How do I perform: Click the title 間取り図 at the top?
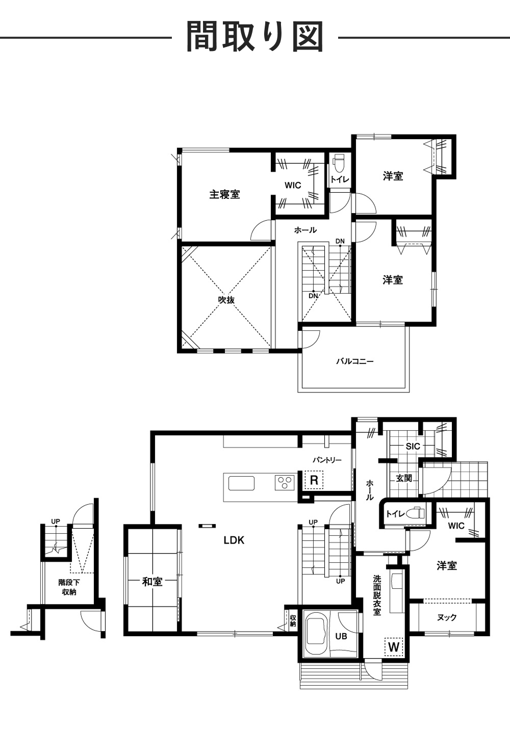[254, 37]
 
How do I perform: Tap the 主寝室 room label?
[224, 194]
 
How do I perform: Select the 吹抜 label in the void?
[226, 300]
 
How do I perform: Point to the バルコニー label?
[355, 361]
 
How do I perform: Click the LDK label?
[234, 540]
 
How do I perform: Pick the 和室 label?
[152, 581]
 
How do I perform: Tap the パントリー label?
[327, 460]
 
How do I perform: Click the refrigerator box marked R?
[314, 480]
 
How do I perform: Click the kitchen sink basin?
[241, 483]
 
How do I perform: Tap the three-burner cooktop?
[285, 482]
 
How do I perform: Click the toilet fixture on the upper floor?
[338, 164]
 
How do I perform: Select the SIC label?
[413, 446]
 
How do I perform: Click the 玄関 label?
[404, 478]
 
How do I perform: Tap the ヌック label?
[447, 617]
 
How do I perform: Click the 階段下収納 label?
[69, 587]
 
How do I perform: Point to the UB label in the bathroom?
[341, 636]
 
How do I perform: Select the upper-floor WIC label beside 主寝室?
[293, 185]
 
